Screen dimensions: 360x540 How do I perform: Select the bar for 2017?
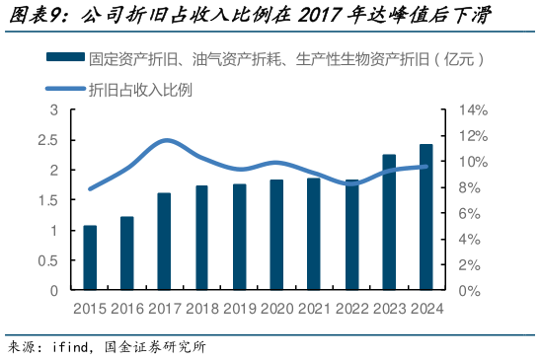[x=165, y=242]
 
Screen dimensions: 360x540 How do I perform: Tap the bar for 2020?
[x=276, y=236]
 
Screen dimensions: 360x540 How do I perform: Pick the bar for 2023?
[x=389, y=223]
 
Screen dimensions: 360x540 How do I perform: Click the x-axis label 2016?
[x=126, y=308]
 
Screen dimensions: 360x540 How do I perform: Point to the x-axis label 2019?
[x=239, y=308]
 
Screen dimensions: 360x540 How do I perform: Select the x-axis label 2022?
[x=351, y=308]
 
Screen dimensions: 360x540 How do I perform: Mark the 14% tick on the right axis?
[x=468, y=109]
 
